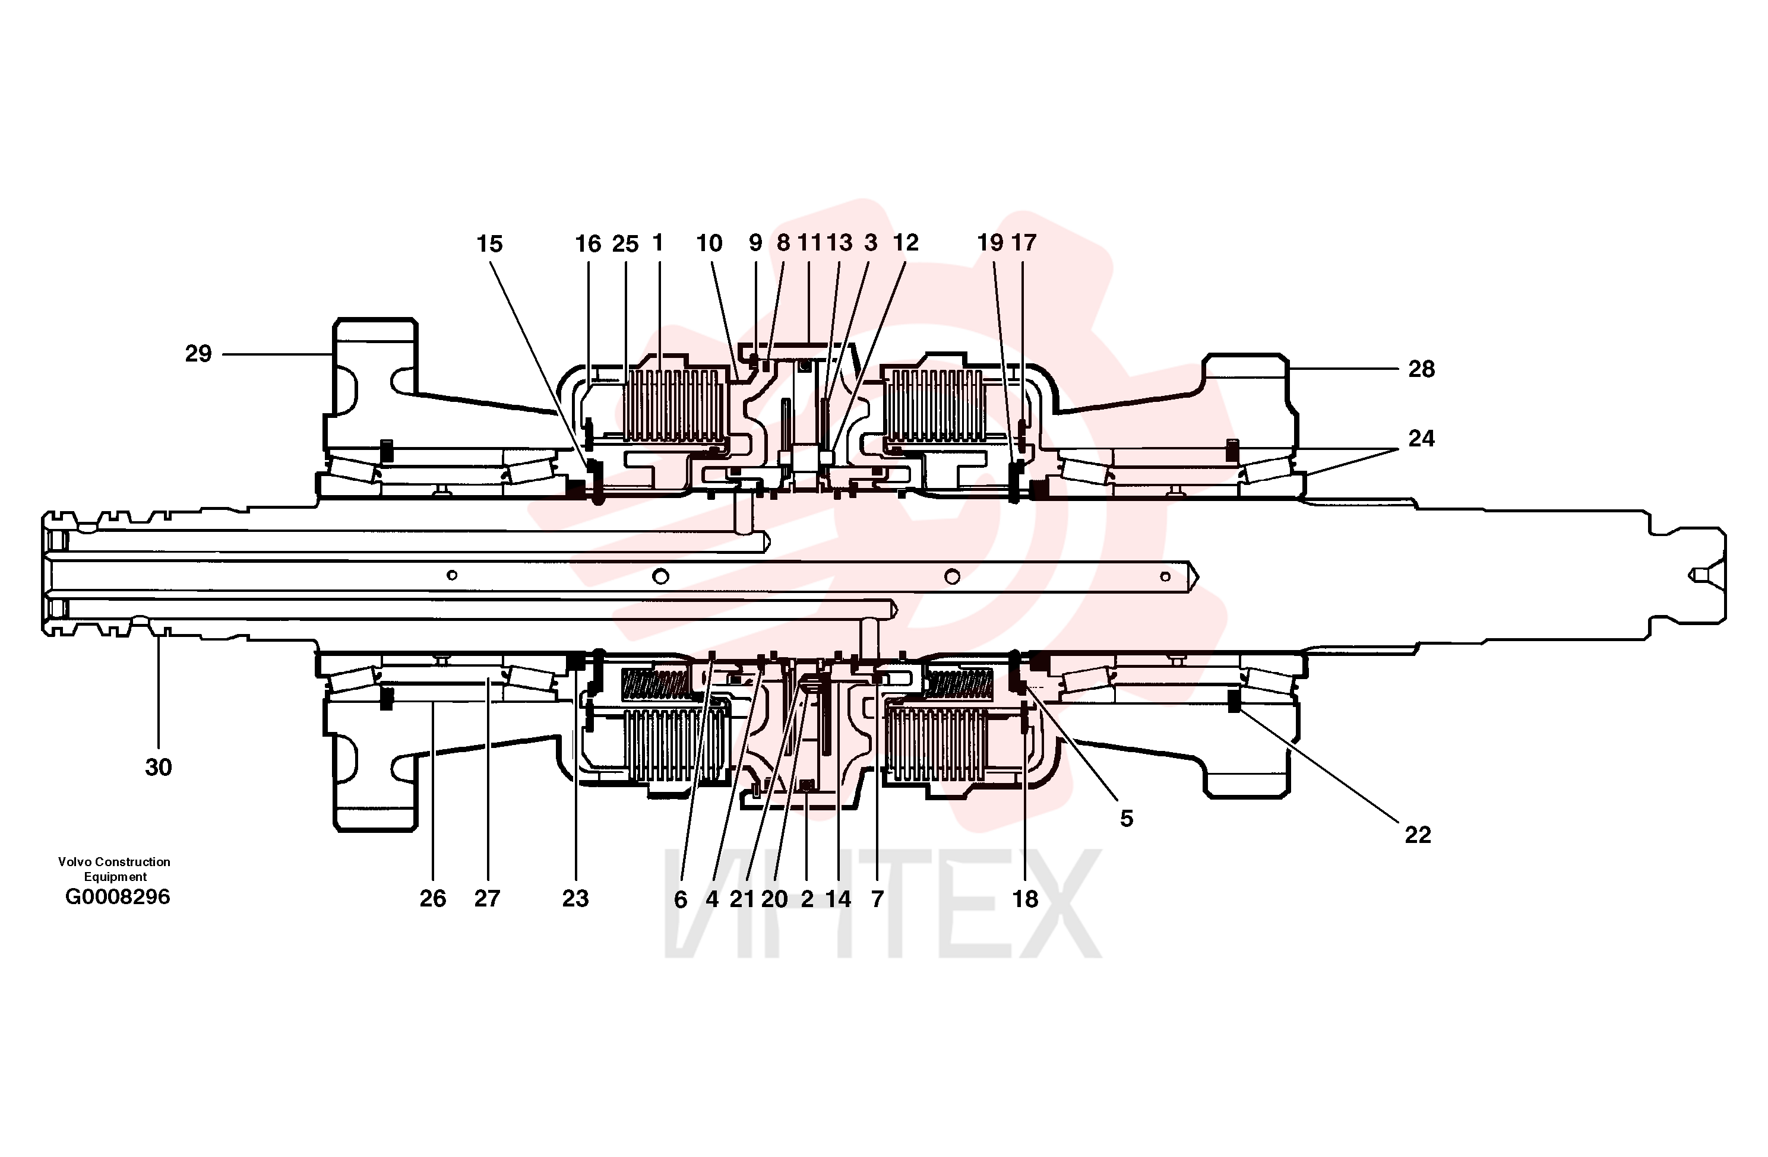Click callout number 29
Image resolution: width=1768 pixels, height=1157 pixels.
(x=198, y=353)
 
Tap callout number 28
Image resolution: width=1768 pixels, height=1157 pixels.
(x=1421, y=369)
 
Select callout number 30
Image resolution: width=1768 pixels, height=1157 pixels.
(x=158, y=767)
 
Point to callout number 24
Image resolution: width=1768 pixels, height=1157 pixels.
(x=1421, y=438)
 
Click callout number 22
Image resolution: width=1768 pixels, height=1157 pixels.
(x=1418, y=835)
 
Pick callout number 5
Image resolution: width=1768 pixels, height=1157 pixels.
(x=1126, y=819)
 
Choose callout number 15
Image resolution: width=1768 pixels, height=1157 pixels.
(x=489, y=243)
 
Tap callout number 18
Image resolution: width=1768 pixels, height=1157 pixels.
(x=1025, y=899)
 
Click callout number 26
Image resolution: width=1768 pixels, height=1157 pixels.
(x=433, y=899)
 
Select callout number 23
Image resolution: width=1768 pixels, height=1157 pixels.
(x=575, y=899)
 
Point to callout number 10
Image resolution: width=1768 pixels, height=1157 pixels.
(x=710, y=243)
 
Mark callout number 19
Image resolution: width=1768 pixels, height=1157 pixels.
(x=990, y=242)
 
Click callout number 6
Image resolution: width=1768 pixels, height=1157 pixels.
(x=681, y=899)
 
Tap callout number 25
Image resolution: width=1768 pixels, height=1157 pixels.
(x=625, y=243)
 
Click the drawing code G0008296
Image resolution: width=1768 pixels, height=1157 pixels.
(x=118, y=896)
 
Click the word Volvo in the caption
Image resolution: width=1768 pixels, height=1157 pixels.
(x=74, y=861)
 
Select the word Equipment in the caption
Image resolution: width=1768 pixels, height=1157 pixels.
(x=115, y=877)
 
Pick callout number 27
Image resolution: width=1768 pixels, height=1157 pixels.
(x=488, y=899)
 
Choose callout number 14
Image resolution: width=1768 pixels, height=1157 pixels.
(x=838, y=899)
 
